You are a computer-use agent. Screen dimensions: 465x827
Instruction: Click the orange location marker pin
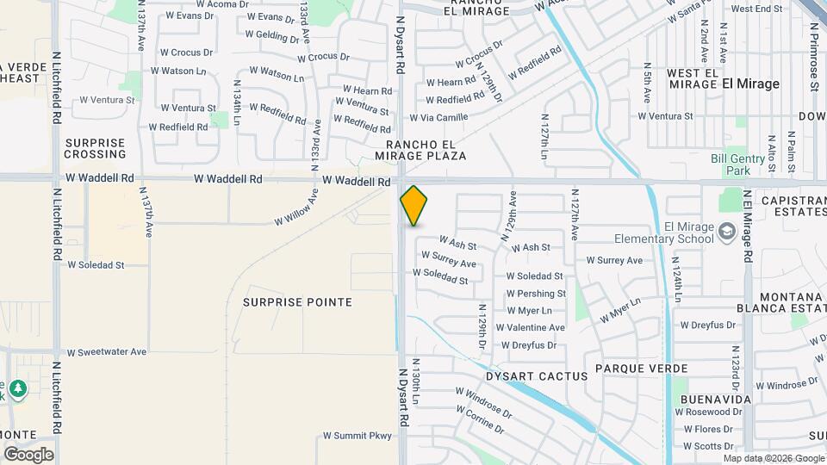(x=413, y=205)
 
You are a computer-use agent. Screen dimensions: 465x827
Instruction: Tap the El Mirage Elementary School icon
(x=727, y=230)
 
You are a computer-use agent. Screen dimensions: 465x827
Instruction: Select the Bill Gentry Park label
(x=737, y=164)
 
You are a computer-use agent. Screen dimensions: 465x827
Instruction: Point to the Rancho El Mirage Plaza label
(x=420, y=150)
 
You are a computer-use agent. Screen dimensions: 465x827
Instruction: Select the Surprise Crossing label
(x=95, y=148)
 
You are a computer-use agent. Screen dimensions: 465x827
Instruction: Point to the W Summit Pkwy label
(x=357, y=436)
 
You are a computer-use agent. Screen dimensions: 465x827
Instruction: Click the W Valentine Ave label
(x=535, y=327)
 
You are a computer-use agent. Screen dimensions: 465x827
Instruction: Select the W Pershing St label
(x=536, y=294)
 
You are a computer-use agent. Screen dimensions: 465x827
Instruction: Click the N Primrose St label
(x=813, y=57)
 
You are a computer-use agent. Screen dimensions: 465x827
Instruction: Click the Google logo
(x=28, y=455)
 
